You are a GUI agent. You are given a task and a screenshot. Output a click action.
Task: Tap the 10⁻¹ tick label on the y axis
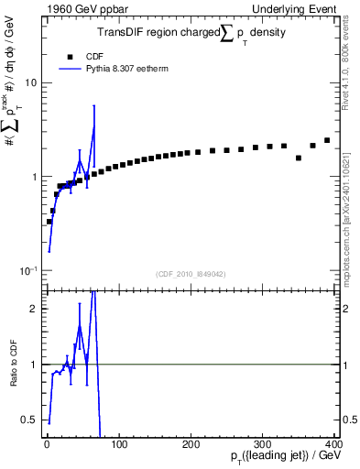click(28, 271)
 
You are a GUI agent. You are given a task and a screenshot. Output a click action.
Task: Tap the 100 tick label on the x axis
click(118, 444)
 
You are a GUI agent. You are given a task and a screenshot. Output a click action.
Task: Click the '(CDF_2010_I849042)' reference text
click(192, 273)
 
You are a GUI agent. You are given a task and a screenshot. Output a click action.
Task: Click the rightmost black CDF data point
click(327, 141)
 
